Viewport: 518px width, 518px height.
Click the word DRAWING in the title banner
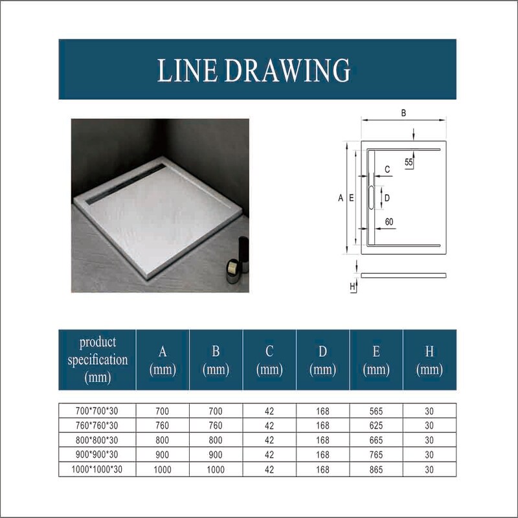(287, 70)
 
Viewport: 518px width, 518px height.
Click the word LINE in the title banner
(187, 70)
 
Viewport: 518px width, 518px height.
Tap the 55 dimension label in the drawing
(409, 163)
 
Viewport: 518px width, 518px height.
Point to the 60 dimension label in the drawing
(389, 221)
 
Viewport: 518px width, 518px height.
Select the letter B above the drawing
(403, 113)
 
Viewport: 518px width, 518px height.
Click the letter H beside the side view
(352, 286)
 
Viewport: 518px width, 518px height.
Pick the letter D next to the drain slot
(387, 198)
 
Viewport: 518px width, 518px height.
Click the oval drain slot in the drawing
(371, 197)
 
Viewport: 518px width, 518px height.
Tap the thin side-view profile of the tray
(403, 276)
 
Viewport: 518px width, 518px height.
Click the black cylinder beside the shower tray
(243, 253)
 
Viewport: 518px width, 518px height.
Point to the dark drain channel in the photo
(126, 184)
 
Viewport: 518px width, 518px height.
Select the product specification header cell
(98, 360)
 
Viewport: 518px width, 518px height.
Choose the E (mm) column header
(376, 360)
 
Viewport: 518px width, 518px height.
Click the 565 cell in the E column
(376, 411)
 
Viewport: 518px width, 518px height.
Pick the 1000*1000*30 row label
(96, 469)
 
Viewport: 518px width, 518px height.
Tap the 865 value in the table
(376, 469)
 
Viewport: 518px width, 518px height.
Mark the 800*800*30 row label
(96, 440)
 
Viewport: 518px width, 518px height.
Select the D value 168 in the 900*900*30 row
(322, 455)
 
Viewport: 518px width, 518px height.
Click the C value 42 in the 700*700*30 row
(269, 411)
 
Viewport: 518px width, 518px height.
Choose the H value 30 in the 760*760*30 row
(429, 426)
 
